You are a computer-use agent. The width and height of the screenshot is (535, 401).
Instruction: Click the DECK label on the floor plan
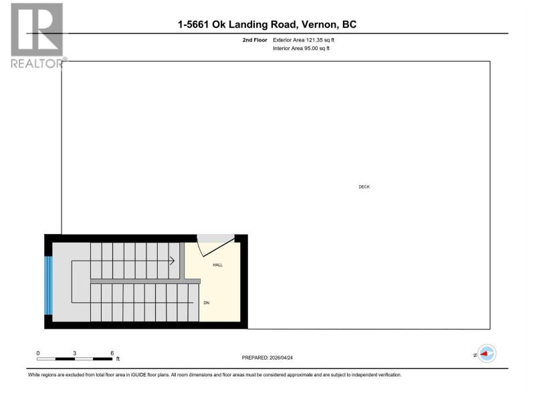click(x=364, y=187)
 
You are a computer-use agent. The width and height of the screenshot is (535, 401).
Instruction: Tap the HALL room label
click(x=218, y=265)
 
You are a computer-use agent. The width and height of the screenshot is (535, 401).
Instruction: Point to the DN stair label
click(x=207, y=303)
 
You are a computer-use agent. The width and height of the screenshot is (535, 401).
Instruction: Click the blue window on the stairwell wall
click(x=48, y=285)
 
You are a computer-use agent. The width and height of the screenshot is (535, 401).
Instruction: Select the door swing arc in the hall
click(x=199, y=248)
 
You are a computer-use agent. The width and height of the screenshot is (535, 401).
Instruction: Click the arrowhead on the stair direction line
click(x=173, y=261)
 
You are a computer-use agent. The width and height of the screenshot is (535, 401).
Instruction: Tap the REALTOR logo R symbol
click(x=37, y=29)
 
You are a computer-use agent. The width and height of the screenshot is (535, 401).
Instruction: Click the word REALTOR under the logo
click(x=37, y=63)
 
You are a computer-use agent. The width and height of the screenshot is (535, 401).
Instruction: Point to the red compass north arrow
click(x=484, y=354)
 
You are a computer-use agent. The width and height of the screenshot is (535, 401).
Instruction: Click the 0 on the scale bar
click(x=38, y=354)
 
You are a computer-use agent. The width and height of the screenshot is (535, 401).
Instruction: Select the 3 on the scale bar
click(x=74, y=354)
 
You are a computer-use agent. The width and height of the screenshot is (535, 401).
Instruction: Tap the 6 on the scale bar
click(x=112, y=354)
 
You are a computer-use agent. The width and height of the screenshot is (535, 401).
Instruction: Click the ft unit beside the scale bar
click(x=118, y=359)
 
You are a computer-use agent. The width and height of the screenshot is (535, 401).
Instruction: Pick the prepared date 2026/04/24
click(x=281, y=358)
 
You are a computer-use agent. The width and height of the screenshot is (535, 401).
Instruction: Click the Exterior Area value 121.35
click(x=314, y=40)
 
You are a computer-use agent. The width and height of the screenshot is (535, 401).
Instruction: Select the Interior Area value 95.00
click(x=311, y=48)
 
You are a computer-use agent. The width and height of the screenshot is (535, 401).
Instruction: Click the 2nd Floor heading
click(x=255, y=40)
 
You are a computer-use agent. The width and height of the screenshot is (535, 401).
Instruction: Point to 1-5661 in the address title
click(x=193, y=25)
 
